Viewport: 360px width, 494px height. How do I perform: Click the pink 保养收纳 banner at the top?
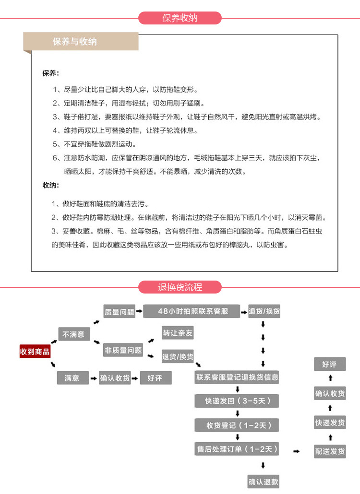click(x=180, y=18)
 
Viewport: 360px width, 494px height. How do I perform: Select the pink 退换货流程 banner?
click(x=180, y=287)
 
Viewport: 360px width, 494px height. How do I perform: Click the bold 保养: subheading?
click(x=50, y=73)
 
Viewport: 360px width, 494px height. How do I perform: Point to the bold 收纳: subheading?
click(x=50, y=185)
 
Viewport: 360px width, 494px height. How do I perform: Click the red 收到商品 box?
click(x=35, y=352)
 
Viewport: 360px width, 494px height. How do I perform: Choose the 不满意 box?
click(x=73, y=334)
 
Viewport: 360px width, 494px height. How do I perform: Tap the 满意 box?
click(x=72, y=378)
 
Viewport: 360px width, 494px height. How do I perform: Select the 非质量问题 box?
click(x=123, y=350)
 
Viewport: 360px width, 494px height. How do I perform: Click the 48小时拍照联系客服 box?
click(x=192, y=311)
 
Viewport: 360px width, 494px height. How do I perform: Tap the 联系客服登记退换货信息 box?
click(x=237, y=377)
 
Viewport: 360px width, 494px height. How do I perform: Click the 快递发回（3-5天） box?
click(x=237, y=401)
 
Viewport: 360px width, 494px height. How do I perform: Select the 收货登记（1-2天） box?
click(x=237, y=425)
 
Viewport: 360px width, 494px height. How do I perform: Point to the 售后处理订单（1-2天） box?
click(x=237, y=449)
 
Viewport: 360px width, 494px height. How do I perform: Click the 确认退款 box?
click(x=264, y=482)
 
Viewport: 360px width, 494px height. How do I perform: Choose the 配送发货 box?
click(x=330, y=451)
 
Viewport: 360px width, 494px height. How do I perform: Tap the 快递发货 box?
click(x=330, y=423)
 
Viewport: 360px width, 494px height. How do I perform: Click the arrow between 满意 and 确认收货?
click(x=93, y=378)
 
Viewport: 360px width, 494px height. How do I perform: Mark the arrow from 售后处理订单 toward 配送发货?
click(x=296, y=451)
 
